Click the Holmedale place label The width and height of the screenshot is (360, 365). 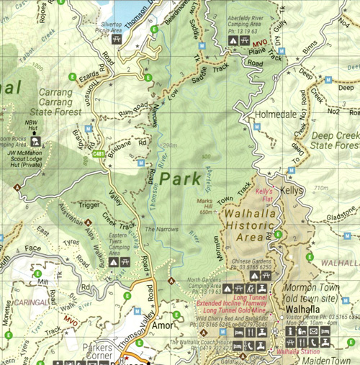(x=270, y=114)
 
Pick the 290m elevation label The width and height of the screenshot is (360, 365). (x=169, y=146)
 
